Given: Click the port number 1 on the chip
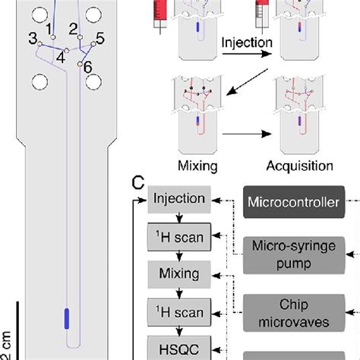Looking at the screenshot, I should click(50, 28).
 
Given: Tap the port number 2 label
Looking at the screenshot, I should click(74, 28).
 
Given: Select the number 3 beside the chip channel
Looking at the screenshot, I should click(33, 39).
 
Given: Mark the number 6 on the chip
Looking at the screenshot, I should click(88, 67).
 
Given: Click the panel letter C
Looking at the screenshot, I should click(138, 183).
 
